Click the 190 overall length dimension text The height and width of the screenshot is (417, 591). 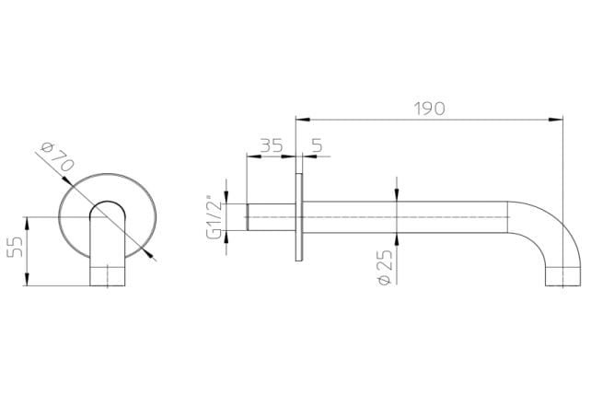click(x=428, y=107)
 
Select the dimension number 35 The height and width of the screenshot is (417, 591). click(x=271, y=145)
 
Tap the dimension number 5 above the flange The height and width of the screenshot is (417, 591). click(x=317, y=145)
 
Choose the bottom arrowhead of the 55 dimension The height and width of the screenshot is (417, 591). click(x=30, y=284)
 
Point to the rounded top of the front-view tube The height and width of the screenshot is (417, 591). click(x=108, y=205)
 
